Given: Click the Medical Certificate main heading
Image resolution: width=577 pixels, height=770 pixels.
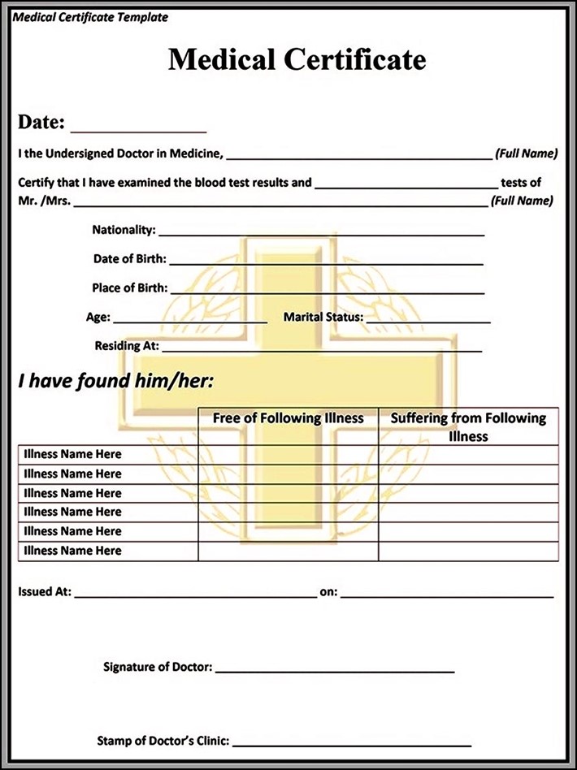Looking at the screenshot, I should click(x=297, y=59).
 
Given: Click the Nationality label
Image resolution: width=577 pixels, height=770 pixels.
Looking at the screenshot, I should click(x=124, y=230).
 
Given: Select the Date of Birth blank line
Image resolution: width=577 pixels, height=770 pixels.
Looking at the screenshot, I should click(x=326, y=262).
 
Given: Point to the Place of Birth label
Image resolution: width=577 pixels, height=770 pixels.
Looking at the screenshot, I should click(x=130, y=288).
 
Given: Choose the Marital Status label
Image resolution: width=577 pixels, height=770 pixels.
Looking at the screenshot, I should click(x=323, y=318).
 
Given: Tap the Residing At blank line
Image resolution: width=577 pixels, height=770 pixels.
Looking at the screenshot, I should click(x=322, y=349).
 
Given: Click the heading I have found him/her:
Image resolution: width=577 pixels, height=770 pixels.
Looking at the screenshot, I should click(x=115, y=382).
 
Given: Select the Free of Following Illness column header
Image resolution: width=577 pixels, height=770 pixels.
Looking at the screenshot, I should click(x=288, y=418).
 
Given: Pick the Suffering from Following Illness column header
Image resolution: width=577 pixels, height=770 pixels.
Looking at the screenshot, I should click(x=468, y=426).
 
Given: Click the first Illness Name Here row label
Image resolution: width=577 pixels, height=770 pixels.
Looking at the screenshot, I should click(x=72, y=454).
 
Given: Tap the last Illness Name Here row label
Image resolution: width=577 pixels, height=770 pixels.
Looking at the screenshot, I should click(x=72, y=551).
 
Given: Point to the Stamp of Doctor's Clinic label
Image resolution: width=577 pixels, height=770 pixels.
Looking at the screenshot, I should click(x=163, y=741).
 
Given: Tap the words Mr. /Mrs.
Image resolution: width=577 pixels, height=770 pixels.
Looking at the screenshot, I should click(x=43, y=201).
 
